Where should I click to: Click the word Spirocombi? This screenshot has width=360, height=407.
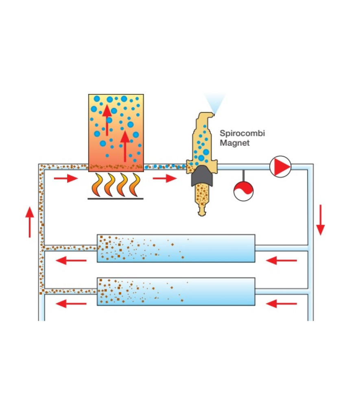[x=242, y=133]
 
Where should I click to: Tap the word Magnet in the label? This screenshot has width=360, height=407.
[x=234, y=143]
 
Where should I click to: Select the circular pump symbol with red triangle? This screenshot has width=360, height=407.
[x=280, y=166]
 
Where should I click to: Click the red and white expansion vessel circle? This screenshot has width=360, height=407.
[x=243, y=191]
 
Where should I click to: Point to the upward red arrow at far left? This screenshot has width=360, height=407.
[x=30, y=222]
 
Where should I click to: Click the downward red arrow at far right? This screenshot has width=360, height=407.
[x=321, y=220]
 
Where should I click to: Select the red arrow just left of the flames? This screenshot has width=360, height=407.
[x=66, y=178]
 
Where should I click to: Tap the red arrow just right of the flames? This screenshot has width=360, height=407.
[x=165, y=178]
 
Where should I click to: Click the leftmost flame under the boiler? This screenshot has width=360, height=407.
[x=97, y=185]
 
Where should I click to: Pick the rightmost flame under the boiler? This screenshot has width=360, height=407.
[x=135, y=185]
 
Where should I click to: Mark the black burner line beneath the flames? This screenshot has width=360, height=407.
[x=116, y=199]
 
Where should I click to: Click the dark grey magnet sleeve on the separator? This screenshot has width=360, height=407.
[x=202, y=176]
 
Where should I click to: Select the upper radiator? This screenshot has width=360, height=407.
[x=176, y=248]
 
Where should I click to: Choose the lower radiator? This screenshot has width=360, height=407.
[x=176, y=291]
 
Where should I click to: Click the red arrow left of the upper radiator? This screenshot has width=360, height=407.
[x=71, y=260]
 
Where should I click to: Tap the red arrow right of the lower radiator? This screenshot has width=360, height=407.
[x=281, y=304]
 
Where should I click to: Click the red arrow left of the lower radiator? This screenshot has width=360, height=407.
[x=71, y=304]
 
